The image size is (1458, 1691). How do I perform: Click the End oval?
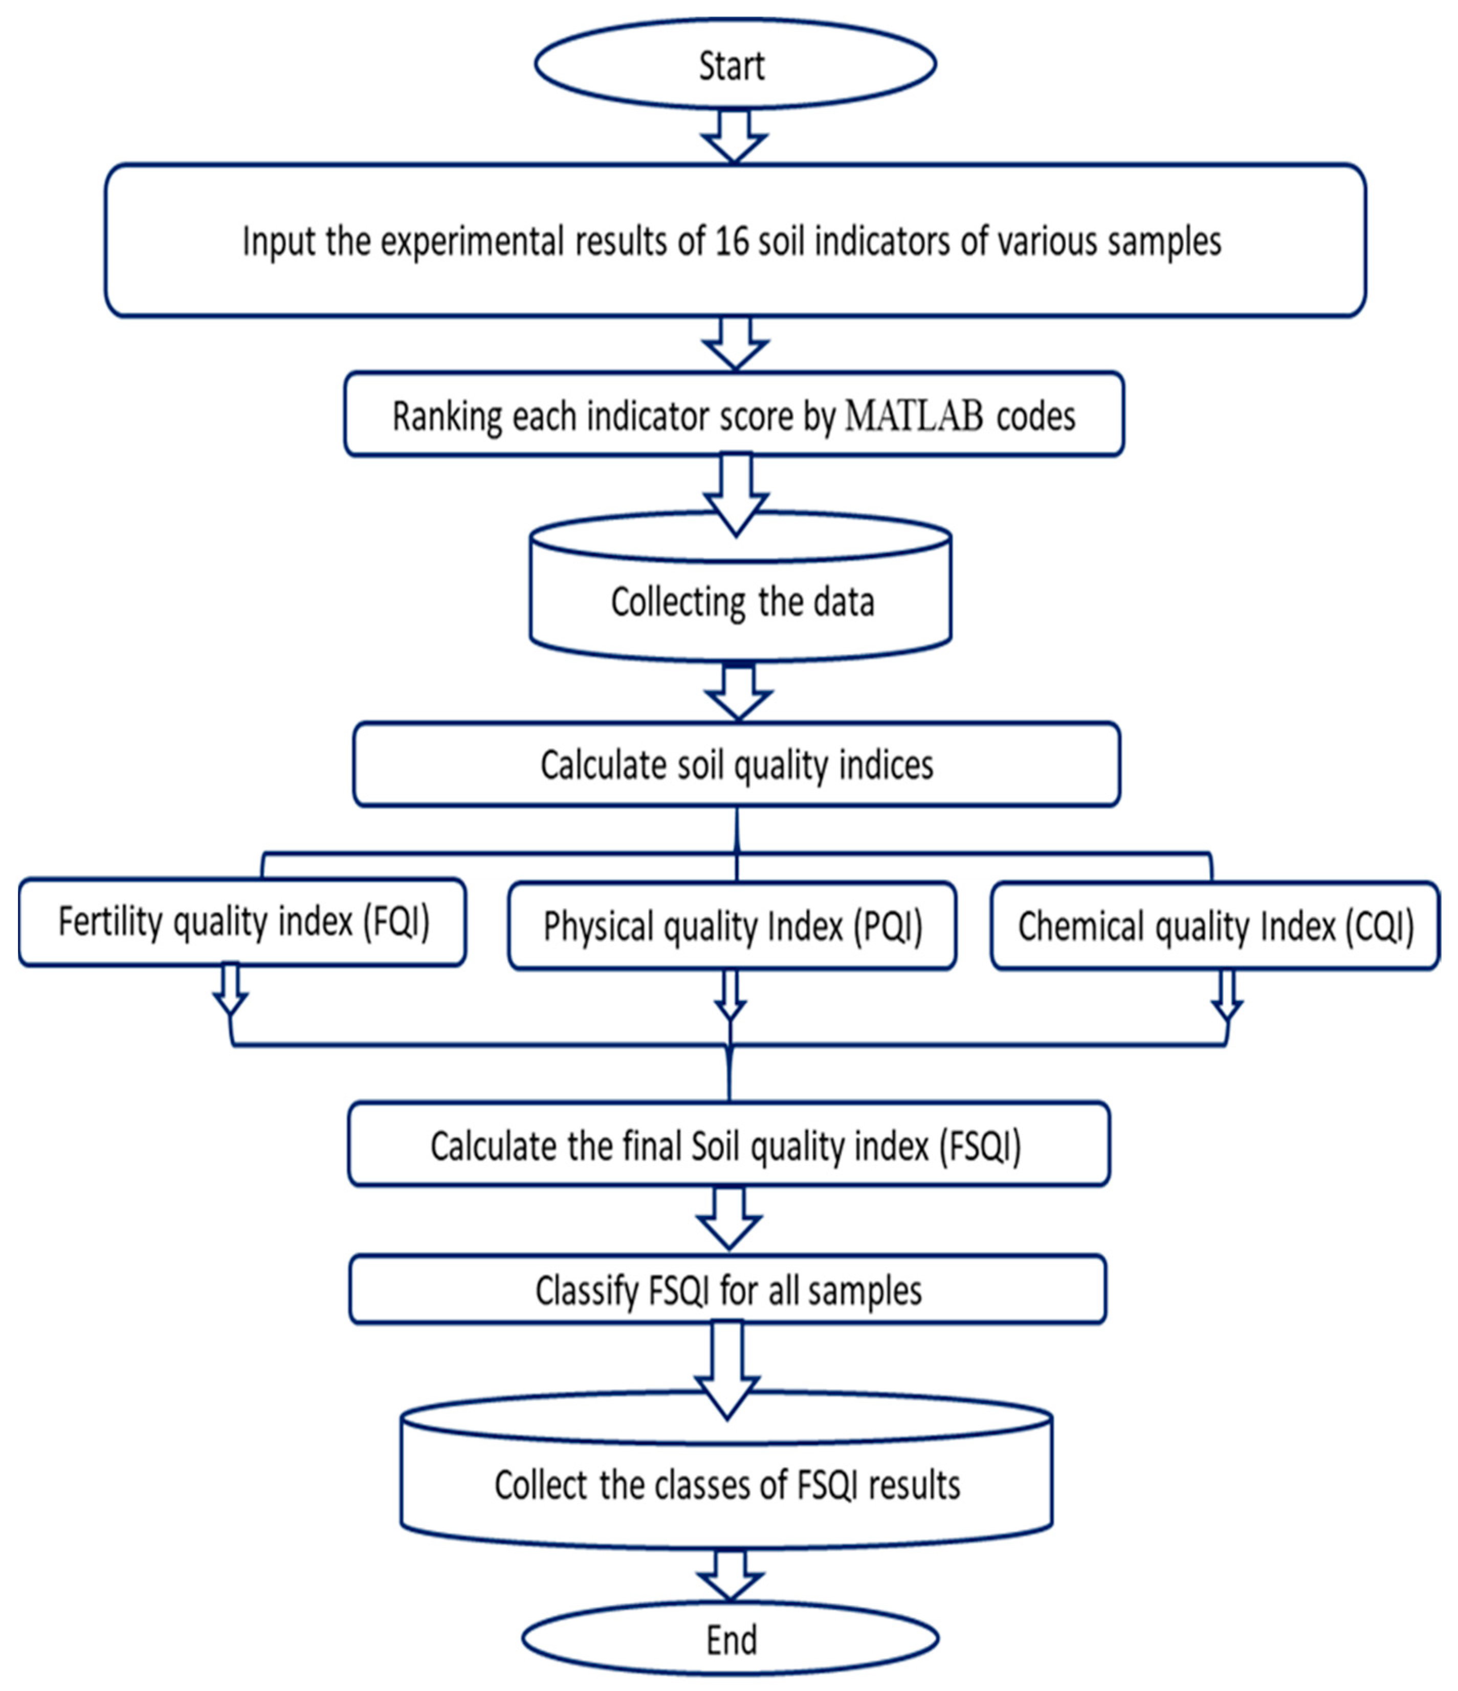[x=730, y=1639]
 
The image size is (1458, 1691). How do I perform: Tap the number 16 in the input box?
[x=732, y=242]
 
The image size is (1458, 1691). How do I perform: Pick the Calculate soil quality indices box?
[x=736, y=765]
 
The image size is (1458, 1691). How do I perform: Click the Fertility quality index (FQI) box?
[x=242, y=922]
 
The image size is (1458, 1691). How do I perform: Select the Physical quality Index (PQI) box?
[x=732, y=926]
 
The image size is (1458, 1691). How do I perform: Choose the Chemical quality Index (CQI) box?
[x=1215, y=926]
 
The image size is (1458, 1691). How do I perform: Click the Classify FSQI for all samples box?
[x=728, y=1292]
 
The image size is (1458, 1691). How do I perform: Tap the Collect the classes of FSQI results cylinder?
[x=726, y=1485]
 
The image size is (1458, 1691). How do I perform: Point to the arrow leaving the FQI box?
[x=231, y=990]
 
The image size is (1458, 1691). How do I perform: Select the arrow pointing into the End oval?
[x=730, y=1576]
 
